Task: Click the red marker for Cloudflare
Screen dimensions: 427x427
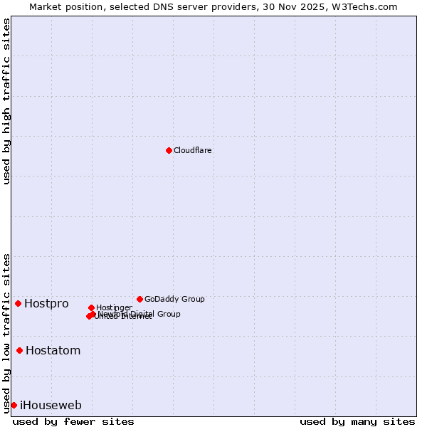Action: pyautogui.click(x=169, y=150)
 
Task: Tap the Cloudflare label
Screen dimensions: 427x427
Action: pyautogui.click(x=193, y=151)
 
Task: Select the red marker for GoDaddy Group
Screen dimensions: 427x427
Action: pyautogui.click(x=139, y=299)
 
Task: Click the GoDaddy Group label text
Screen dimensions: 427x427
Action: pyautogui.click(x=174, y=300)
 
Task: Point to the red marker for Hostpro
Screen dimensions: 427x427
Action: pyautogui.click(x=18, y=303)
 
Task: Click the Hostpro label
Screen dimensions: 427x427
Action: pyautogui.click(x=46, y=304)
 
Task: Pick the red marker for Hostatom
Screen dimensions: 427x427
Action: pyautogui.click(x=19, y=350)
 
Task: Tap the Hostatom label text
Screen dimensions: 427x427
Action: pyautogui.click(x=53, y=351)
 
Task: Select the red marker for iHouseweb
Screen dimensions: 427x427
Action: pyautogui.click(x=14, y=405)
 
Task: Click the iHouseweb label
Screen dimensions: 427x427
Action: pyautogui.click(x=51, y=406)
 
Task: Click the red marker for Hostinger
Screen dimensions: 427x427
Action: pyautogui.click(x=91, y=307)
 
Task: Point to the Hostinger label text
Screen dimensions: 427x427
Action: pyautogui.click(x=114, y=308)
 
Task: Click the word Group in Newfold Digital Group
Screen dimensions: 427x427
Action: pyautogui.click(x=168, y=314)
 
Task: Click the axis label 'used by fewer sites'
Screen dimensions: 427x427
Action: pyautogui.click(x=73, y=421)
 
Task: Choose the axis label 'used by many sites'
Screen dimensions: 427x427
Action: pyautogui.click(x=357, y=421)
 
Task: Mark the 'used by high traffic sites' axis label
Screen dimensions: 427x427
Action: pyautogui.click(x=6, y=101)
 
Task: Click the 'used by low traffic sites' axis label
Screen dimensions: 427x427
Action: pyautogui.click(x=6, y=332)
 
